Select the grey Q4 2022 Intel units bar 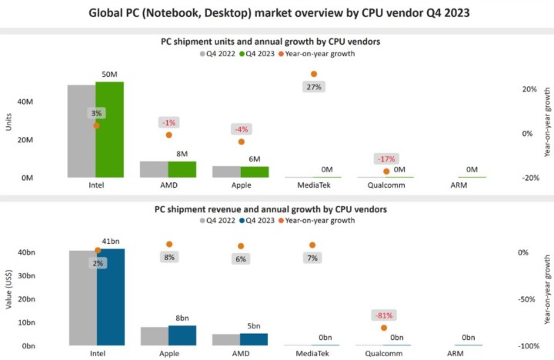82,131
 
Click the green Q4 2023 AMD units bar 182,169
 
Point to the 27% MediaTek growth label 314,87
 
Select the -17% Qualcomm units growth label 385,158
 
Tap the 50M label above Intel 110,75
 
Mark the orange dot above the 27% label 314,74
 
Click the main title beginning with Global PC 277,13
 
